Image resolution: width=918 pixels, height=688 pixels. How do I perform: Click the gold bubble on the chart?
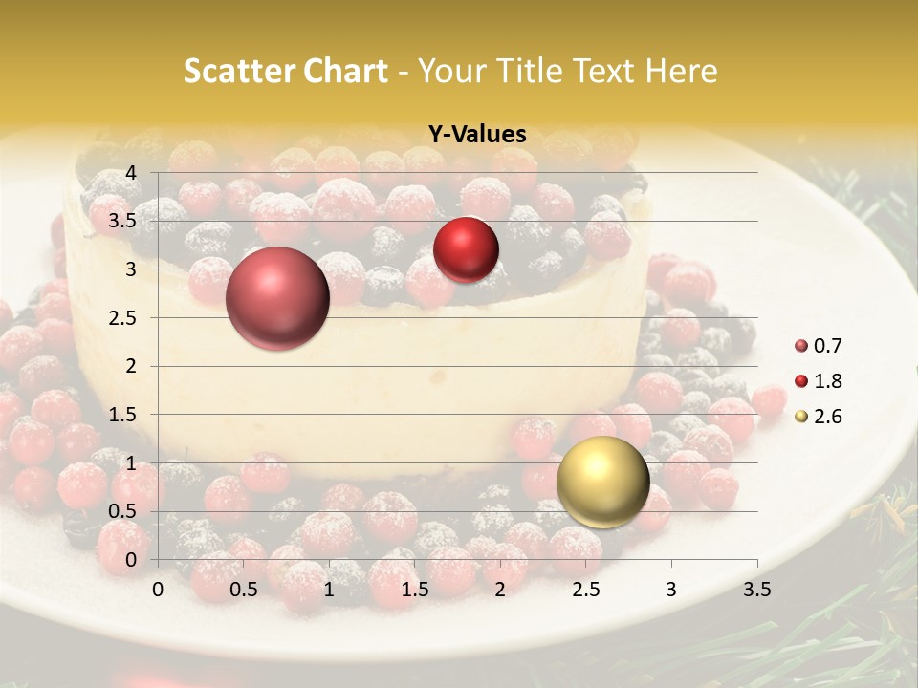click(602, 482)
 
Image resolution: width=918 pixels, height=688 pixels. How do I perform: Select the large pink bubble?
click(277, 298)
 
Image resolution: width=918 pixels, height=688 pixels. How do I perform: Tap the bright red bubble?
click(466, 249)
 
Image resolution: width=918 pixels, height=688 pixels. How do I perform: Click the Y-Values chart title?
click(477, 135)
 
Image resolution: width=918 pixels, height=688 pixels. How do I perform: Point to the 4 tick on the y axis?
click(131, 173)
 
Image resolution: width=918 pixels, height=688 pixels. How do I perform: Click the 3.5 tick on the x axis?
click(756, 590)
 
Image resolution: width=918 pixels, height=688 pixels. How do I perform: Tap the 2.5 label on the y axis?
click(122, 318)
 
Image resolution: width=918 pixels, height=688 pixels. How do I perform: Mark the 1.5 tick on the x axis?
click(415, 590)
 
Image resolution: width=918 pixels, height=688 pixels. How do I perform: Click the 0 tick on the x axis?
click(158, 590)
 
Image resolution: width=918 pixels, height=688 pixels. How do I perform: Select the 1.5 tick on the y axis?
click(122, 415)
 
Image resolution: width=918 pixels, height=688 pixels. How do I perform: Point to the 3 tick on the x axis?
click(671, 590)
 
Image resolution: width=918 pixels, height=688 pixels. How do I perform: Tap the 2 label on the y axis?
click(131, 366)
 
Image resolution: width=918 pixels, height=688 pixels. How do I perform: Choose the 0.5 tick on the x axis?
click(244, 590)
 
